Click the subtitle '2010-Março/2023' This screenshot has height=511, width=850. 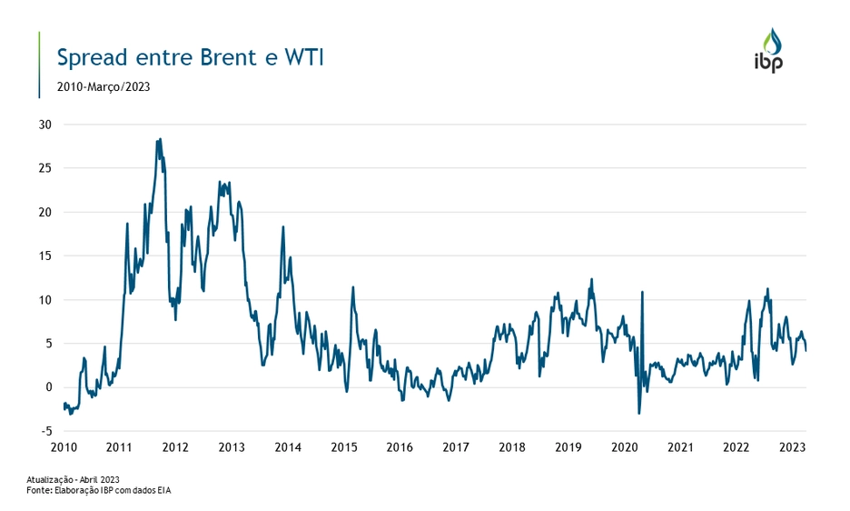(x=104, y=87)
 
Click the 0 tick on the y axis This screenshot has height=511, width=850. (x=50, y=387)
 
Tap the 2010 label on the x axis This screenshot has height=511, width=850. (x=64, y=447)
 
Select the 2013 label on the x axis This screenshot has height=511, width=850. (x=232, y=447)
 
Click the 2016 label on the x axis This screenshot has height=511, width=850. (x=400, y=447)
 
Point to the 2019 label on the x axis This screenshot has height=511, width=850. (x=568, y=447)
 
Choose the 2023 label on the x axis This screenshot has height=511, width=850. (x=793, y=447)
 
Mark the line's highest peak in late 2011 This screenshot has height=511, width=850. (x=160, y=139)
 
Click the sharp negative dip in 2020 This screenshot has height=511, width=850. (x=639, y=414)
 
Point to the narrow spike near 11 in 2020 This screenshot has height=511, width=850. (x=642, y=292)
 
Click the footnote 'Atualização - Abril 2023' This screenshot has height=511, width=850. (x=74, y=479)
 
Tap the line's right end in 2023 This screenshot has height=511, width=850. (x=806, y=350)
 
